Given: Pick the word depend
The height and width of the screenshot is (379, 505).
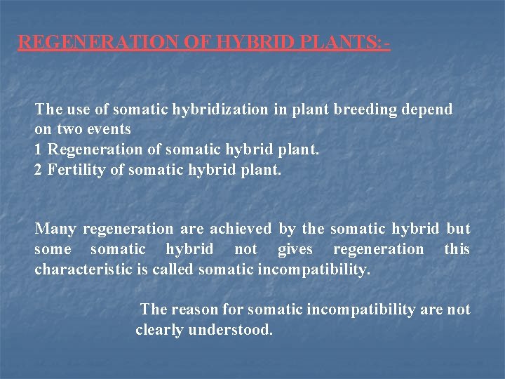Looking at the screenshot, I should click(426, 109).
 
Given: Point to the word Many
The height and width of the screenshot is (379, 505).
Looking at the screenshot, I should click(55, 229).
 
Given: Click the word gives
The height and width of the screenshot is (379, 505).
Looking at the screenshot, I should click(295, 249).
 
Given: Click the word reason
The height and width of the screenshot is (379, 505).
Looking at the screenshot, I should click(194, 310).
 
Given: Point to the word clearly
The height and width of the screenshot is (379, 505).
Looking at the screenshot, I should click(160, 330).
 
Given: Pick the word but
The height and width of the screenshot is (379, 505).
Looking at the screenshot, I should click(458, 229).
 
